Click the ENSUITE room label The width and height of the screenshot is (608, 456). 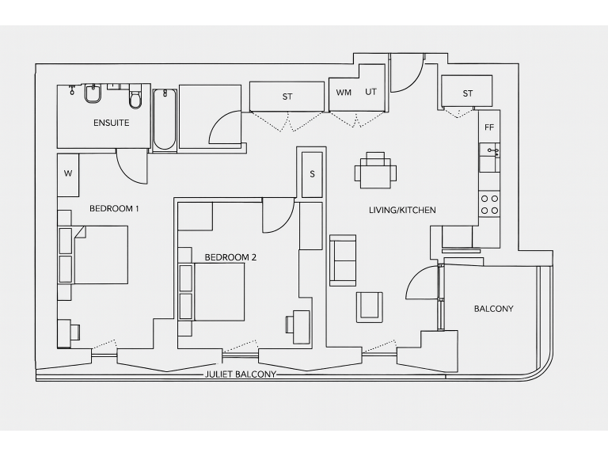(x=111, y=123)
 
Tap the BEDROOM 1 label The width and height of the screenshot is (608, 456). (x=114, y=209)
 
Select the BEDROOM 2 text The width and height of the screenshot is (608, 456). (x=230, y=257)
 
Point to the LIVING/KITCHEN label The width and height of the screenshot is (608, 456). (x=402, y=210)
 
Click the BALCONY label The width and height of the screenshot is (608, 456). (x=493, y=309)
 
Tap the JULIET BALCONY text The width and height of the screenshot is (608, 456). (x=240, y=374)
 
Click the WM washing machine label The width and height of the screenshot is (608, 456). (x=344, y=93)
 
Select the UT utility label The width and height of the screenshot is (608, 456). (x=370, y=92)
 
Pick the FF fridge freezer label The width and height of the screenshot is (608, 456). (x=488, y=127)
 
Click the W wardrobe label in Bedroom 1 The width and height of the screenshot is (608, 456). (x=68, y=173)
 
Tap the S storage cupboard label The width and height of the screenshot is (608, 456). (x=312, y=173)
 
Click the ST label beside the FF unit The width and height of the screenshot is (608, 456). (x=467, y=93)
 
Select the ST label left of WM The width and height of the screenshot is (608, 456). (x=287, y=97)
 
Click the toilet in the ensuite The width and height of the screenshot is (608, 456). (x=135, y=97)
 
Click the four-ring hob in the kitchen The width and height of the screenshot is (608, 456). (x=489, y=205)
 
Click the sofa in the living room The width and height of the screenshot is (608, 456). (x=343, y=260)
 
